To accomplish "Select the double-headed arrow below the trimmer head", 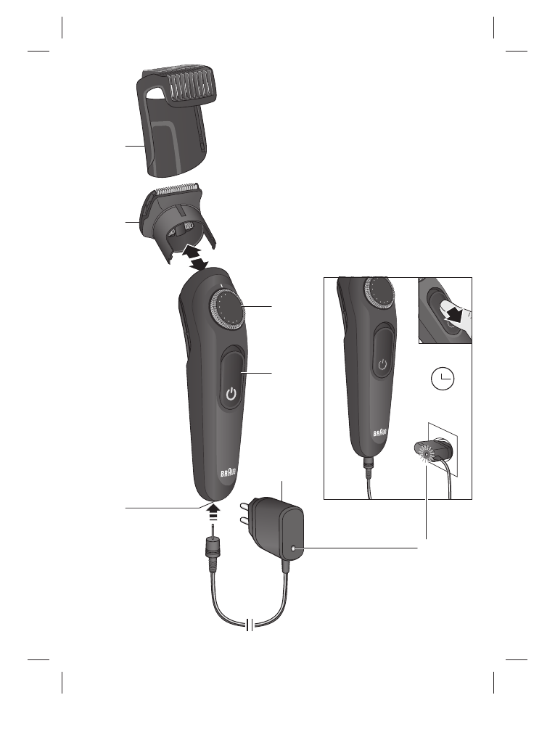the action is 195,258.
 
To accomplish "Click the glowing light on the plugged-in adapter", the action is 425,454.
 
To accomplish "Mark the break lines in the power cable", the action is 249,625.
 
